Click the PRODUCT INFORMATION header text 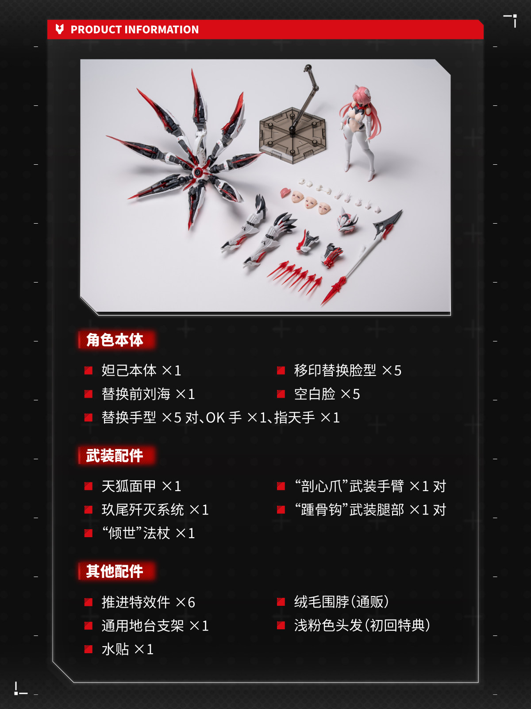(135, 29)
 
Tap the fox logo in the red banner (60, 29)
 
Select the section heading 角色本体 (115, 340)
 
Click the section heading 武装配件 (115, 455)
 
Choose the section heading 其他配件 (115, 571)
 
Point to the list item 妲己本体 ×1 (141, 370)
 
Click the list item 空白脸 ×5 (327, 394)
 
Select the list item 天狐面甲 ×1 (141, 486)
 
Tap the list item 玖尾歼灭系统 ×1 (155, 510)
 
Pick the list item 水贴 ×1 (127, 649)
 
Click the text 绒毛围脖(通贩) (341, 602)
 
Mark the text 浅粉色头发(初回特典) (362, 625)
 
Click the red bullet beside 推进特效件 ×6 (88, 602)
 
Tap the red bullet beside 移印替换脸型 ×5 (281, 371)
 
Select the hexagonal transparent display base (292, 136)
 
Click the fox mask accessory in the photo (347, 221)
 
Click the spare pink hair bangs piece (285, 193)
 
